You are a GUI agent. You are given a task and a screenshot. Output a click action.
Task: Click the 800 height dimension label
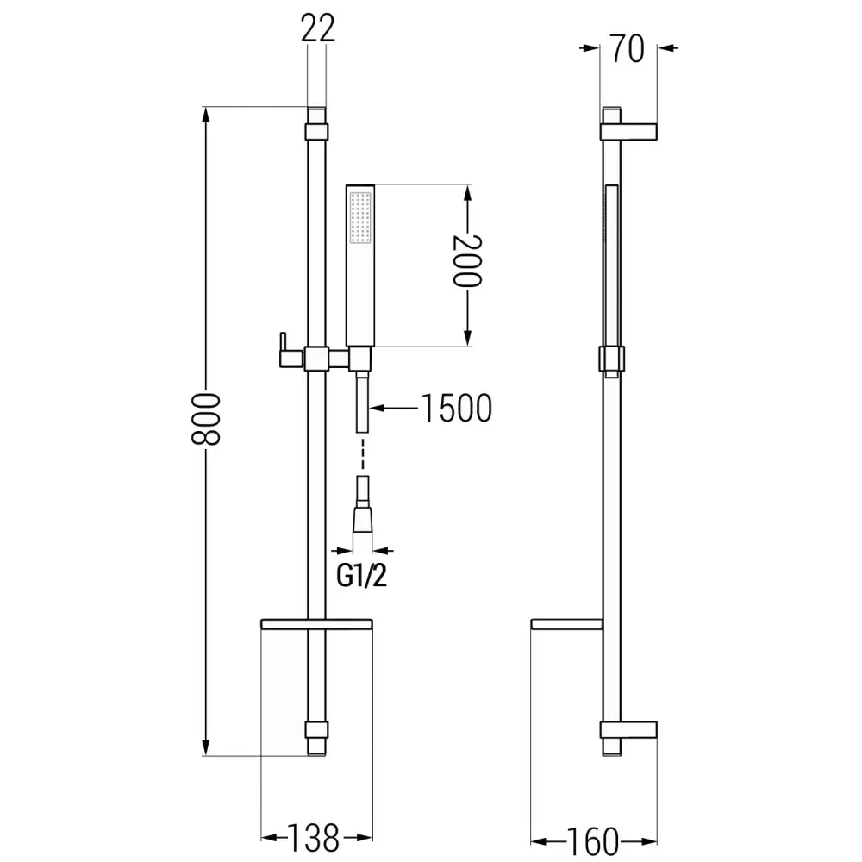(x=208, y=418)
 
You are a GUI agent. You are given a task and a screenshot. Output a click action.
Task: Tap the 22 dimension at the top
(x=316, y=30)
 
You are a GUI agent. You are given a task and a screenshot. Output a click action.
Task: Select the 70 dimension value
(x=628, y=49)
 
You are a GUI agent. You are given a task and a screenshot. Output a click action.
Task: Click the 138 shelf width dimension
(x=315, y=835)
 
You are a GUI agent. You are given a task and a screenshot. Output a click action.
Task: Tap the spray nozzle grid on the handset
(x=359, y=215)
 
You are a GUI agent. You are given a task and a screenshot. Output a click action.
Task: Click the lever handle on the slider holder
(x=282, y=348)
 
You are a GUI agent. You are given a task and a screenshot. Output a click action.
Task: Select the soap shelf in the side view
(x=566, y=624)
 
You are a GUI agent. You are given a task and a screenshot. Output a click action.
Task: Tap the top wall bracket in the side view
(x=629, y=130)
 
